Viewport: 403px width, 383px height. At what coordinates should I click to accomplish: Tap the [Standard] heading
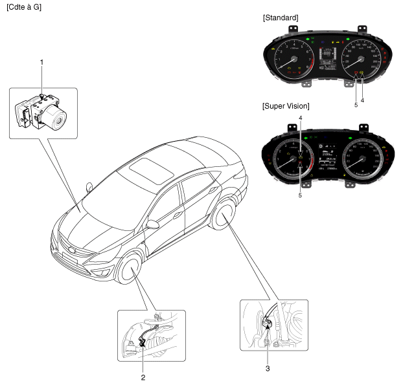pyautogui.click(x=281, y=17)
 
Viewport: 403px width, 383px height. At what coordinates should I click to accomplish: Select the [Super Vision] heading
pyautogui.click(x=286, y=105)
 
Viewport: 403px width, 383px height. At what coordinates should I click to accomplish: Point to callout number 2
pyautogui.click(x=144, y=376)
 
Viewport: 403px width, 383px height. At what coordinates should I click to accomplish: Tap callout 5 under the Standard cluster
pyautogui.click(x=355, y=104)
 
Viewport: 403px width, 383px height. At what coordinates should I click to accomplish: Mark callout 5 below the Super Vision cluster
pyautogui.click(x=300, y=193)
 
